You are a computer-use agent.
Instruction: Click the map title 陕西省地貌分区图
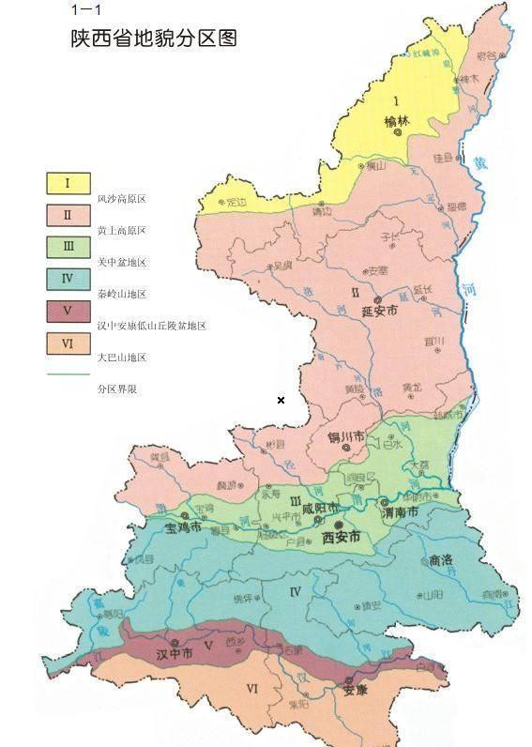click(154, 38)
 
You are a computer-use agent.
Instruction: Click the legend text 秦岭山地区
click(122, 294)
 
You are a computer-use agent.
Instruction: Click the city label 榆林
click(398, 121)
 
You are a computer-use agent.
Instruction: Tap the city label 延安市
click(380, 311)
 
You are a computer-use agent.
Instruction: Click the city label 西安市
click(342, 538)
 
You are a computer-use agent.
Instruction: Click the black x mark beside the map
click(281, 401)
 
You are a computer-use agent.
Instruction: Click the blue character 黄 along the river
click(480, 162)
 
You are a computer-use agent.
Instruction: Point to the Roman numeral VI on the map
click(251, 689)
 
